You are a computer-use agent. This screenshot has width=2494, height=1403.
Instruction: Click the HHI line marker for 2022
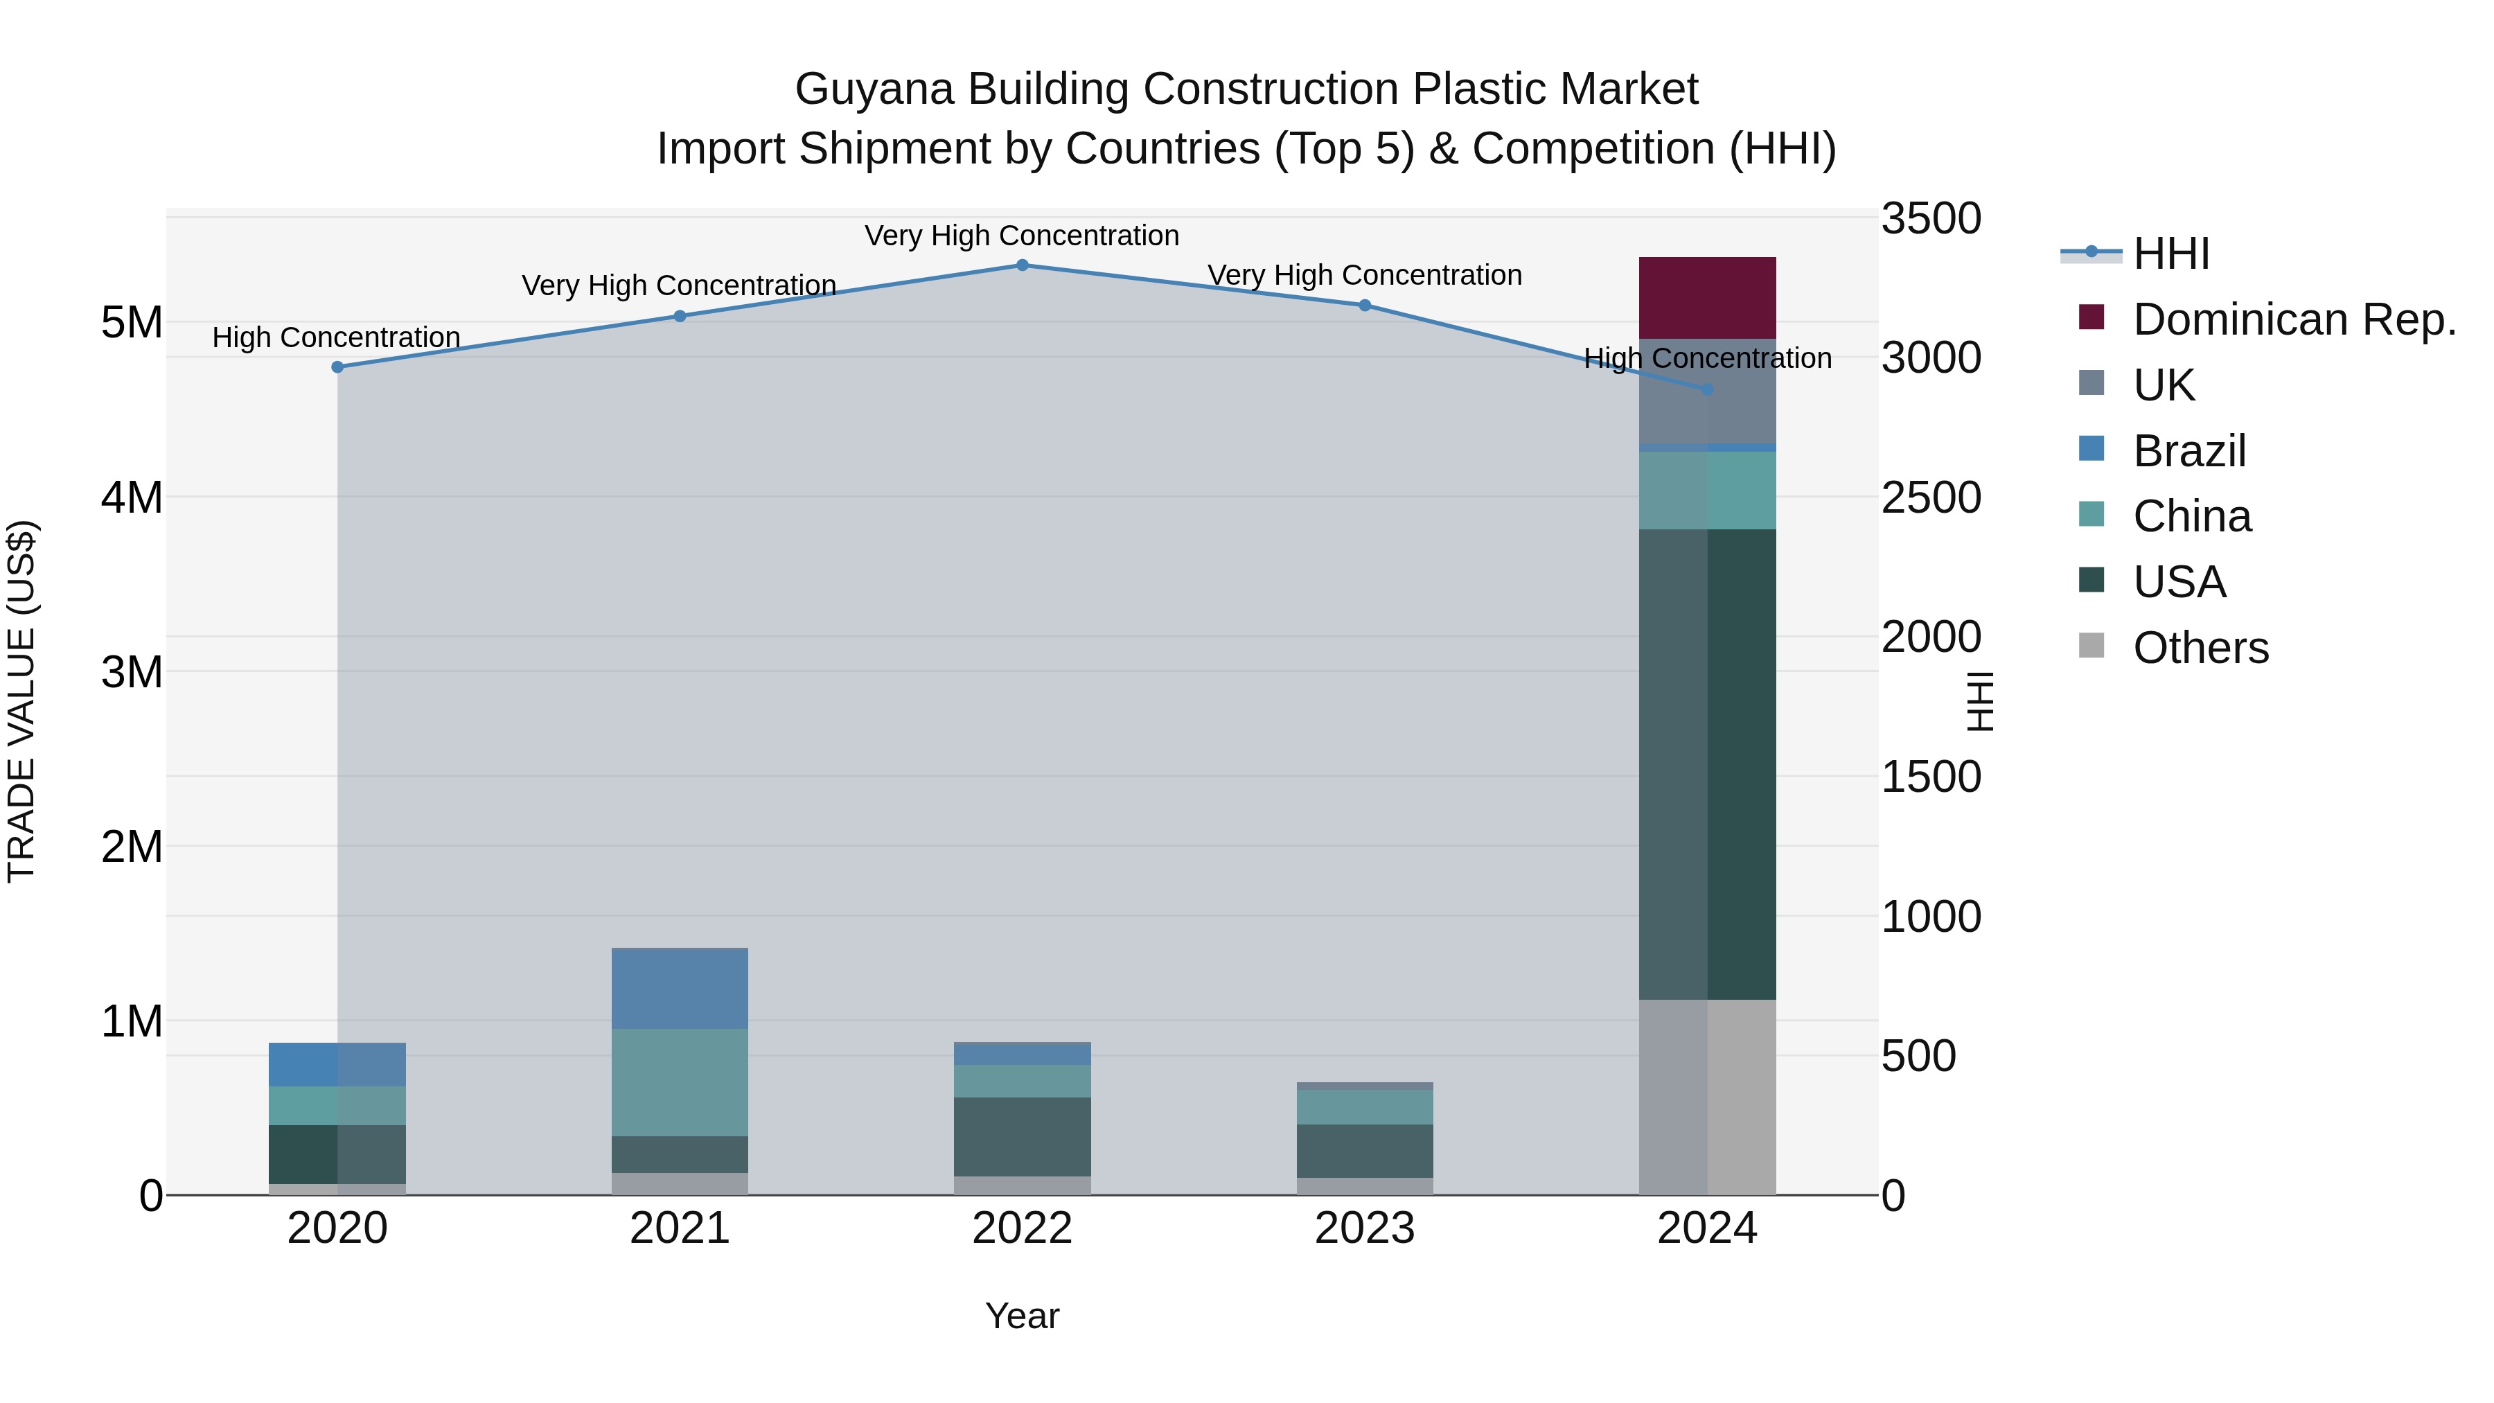(x=1023, y=265)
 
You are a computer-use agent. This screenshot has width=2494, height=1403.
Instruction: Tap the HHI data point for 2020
(x=338, y=367)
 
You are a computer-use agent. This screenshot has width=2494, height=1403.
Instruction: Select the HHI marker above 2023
(x=1365, y=305)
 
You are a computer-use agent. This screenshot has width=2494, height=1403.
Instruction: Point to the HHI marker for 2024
(x=1707, y=389)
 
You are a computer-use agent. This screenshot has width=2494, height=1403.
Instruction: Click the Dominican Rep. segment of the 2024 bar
(x=1707, y=298)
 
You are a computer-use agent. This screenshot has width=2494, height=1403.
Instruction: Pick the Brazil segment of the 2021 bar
(x=680, y=987)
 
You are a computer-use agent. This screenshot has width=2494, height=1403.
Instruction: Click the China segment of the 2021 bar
(x=680, y=1082)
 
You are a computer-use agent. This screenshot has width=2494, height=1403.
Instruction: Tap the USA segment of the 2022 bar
(x=1023, y=1137)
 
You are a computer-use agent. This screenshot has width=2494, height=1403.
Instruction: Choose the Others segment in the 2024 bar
(x=1707, y=1097)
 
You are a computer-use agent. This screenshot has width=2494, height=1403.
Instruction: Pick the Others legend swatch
(x=2091, y=646)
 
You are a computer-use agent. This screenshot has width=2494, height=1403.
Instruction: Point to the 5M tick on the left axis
(x=132, y=322)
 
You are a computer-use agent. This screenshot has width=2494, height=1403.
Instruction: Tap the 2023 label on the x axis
(x=1365, y=1228)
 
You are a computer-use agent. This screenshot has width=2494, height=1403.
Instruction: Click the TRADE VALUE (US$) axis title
(x=22, y=701)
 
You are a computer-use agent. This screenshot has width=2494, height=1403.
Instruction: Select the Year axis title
(x=1023, y=1316)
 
